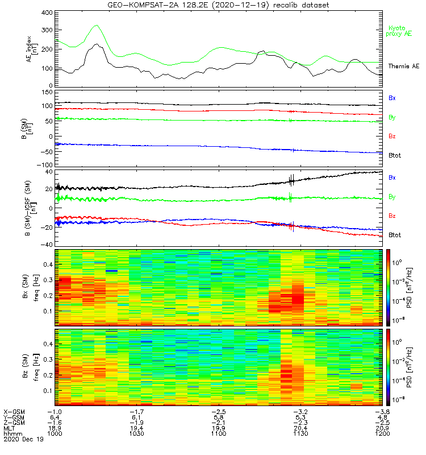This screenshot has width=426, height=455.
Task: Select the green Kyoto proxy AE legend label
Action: (400, 31)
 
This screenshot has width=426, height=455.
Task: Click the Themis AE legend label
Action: (403, 67)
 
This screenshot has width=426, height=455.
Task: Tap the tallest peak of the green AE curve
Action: (96, 26)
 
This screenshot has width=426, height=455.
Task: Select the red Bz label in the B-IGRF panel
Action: (392, 216)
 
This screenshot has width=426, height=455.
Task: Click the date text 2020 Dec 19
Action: (23, 439)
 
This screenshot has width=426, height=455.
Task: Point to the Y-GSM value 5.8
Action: (219, 416)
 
